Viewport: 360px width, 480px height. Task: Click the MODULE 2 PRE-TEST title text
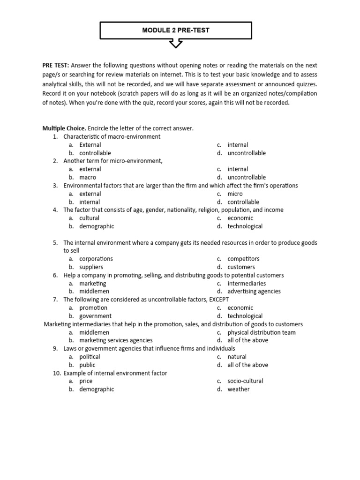point(176,30)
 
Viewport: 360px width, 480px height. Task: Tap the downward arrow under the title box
point(176,44)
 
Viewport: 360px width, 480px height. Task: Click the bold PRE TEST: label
point(56,66)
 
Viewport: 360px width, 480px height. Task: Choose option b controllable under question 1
point(95,153)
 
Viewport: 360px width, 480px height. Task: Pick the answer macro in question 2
point(88,177)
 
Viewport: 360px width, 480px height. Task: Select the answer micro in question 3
point(235,194)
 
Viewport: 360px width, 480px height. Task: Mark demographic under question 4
point(97,226)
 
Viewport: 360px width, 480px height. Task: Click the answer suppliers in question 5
point(91,267)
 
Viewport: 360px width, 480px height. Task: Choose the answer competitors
point(243,259)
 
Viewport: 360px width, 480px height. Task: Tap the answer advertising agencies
point(254,291)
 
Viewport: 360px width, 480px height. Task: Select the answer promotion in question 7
point(93,307)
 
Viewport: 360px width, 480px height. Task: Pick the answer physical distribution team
point(262,332)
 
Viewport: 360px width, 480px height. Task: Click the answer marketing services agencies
point(116,340)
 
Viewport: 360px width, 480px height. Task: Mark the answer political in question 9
point(90,357)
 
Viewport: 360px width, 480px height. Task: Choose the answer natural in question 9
point(237,357)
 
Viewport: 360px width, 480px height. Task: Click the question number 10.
point(56,373)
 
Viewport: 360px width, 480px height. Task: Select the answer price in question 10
point(86,381)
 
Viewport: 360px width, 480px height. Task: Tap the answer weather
point(239,389)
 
